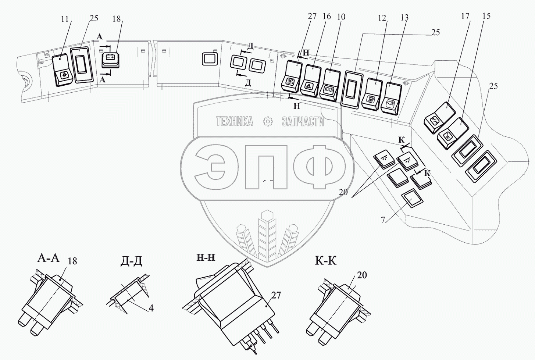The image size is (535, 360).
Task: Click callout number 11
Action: tap(65, 19)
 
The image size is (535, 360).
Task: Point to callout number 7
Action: tap(383, 220)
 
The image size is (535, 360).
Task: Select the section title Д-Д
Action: tap(131, 261)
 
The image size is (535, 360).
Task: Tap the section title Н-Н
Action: tap(206, 257)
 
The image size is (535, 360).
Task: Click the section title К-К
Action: tap(326, 261)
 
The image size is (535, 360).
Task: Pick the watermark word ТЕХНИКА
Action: tap(234, 122)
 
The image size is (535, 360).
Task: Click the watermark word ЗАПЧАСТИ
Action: tap(303, 122)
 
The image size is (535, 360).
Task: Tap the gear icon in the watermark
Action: tap(268, 122)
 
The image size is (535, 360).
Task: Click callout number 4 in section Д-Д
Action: tap(151, 308)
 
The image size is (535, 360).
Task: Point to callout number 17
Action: tap(465, 16)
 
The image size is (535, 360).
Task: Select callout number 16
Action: tap(327, 16)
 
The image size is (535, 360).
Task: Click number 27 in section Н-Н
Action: tap(276, 296)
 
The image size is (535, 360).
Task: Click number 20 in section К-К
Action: tap(362, 275)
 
